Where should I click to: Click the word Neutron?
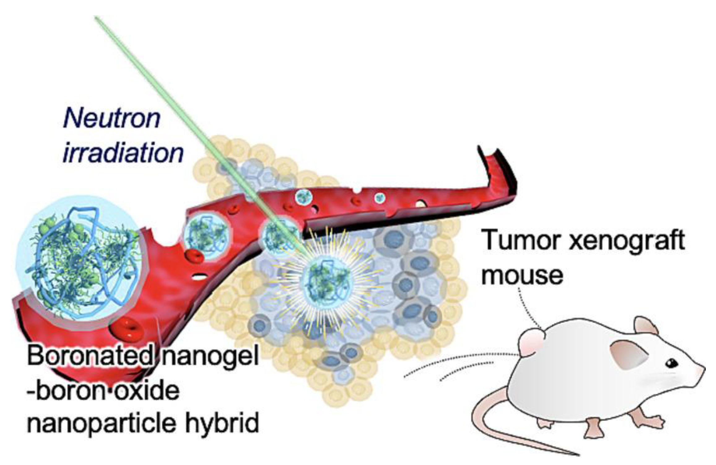111,119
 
